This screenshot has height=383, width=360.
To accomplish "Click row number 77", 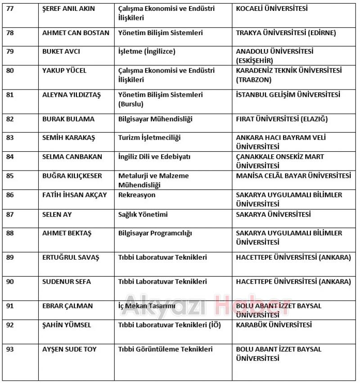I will [10, 9].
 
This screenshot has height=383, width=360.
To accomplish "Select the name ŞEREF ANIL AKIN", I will [68, 9].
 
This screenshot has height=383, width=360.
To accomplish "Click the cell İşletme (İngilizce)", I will [147, 51].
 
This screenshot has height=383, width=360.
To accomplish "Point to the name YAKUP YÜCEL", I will [64, 71].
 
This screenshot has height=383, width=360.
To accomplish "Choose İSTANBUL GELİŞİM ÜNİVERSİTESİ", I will [288, 95].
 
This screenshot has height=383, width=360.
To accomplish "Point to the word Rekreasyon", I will [137, 195].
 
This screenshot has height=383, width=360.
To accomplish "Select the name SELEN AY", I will [57, 214].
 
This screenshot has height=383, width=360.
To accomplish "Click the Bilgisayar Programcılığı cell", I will [155, 233].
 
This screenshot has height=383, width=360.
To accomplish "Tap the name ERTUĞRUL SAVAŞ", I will [71, 257].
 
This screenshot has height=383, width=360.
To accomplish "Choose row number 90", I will [10, 282].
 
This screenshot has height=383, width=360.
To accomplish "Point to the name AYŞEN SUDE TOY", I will [69, 349].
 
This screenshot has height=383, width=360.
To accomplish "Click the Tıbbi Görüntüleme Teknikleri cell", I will [166, 349].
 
